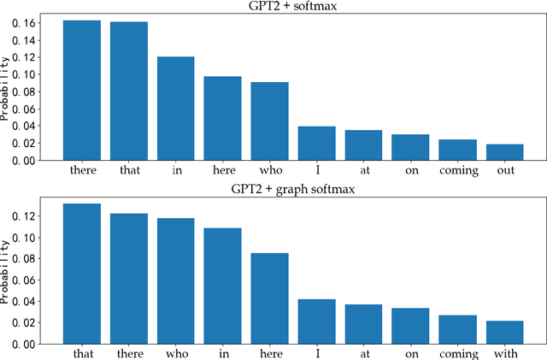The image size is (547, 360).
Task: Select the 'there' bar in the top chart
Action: (81, 90)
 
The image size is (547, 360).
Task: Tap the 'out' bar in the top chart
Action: (504, 152)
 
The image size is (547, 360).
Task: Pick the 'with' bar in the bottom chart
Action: (504, 333)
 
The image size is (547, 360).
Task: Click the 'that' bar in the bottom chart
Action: (81, 274)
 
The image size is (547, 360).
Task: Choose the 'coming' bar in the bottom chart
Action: (457, 330)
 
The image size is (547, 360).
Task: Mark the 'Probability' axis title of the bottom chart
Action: (7, 272)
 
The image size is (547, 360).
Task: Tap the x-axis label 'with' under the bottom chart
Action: (504, 353)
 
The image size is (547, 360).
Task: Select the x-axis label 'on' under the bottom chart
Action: (410, 353)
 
